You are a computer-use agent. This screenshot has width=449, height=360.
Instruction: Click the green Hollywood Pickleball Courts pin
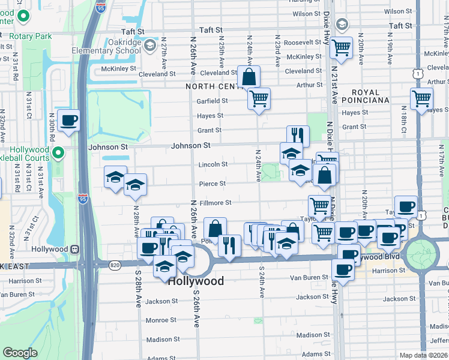click(x=58, y=154)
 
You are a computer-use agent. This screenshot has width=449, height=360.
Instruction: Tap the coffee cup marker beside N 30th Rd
click(x=69, y=121)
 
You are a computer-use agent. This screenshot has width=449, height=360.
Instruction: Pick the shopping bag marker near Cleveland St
click(x=249, y=77)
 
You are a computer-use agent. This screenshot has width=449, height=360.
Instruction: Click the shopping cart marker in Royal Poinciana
click(x=421, y=98)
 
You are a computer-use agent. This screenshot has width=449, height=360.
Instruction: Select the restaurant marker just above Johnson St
click(x=298, y=135)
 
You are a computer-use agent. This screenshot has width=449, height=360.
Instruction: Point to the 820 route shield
click(x=114, y=265)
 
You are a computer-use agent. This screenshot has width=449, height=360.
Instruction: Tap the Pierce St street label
click(x=213, y=184)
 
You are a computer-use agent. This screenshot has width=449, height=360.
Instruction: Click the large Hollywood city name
click(x=196, y=281)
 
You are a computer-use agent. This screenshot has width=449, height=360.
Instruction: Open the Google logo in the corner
click(x=20, y=352)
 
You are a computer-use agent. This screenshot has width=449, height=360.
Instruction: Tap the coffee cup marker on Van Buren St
click(x=344, y=271)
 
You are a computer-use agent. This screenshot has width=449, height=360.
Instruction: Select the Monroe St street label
click(x=160, y=320)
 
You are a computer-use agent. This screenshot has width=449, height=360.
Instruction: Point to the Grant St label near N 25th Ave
click(x=211, y=130)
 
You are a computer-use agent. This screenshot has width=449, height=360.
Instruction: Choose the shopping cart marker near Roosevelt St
click(x=341, y=47)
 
